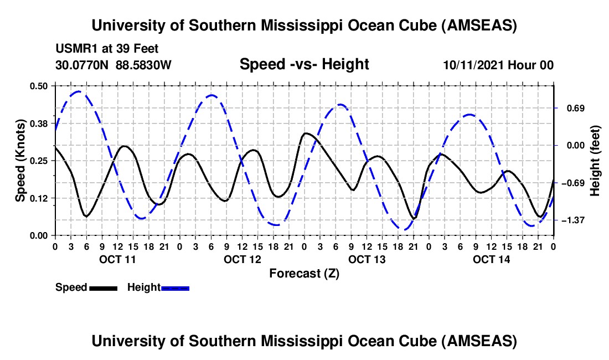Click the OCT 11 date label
[x=117, y=259]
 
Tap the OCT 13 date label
[x=366, y=259]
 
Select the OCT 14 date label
[x=491, y=259]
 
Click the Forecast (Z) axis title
[x=304, y=273]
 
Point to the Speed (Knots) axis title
[x=20, y=161]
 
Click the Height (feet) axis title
[x=596, y=161]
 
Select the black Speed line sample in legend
[x=102, y=288]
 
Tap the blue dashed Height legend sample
[x=175, y=288]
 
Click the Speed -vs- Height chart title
[x=304, y=64]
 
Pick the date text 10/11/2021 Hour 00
[x=498, y=65]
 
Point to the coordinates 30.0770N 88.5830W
[x=113, y=65]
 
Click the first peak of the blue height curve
[x=78, y=91]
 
